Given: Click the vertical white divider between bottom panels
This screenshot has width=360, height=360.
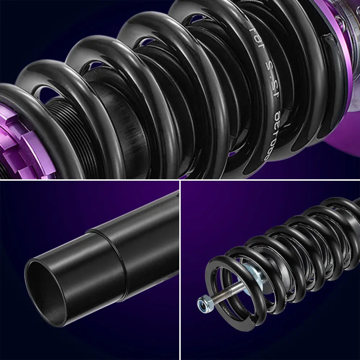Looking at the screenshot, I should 180,270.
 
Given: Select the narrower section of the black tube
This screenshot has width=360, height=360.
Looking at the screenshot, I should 144,223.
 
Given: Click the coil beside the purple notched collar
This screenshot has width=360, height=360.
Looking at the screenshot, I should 54,119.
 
